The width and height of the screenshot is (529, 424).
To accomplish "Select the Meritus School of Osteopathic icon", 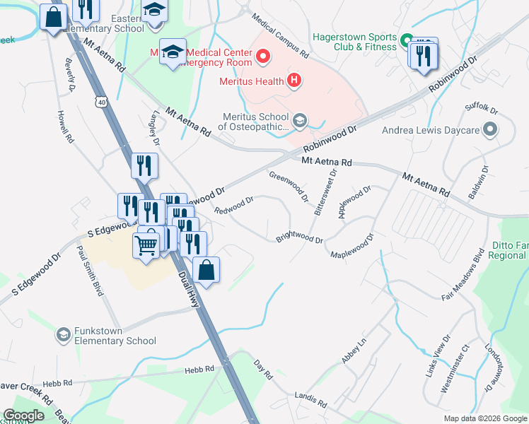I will click(x=300, y=121).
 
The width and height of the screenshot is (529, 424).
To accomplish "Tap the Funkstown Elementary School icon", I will click(x=64, y=334).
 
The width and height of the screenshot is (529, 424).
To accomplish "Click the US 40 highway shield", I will click(x=103, y=104).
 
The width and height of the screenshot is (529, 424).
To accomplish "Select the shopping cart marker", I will click(x=146, y=246).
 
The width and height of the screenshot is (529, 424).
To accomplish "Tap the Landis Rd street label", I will click(x=312, y=401).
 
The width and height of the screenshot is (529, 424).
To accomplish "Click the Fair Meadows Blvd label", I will click(x=462, y=278).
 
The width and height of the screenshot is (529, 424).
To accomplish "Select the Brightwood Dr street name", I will click(x=299, y=237).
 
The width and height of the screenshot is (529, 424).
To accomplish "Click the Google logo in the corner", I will click(x=23, y=416).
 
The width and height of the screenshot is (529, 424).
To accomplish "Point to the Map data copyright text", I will click(x=484, y=418).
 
